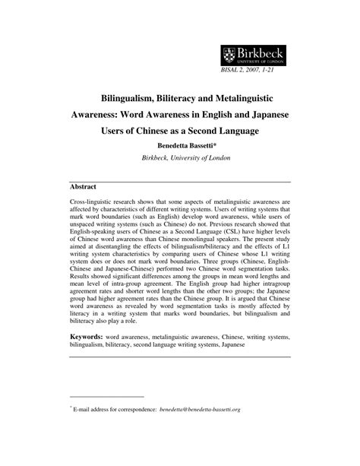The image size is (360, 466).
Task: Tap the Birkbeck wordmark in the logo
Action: (263, 52)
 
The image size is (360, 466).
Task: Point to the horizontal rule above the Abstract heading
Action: (180, 179)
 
